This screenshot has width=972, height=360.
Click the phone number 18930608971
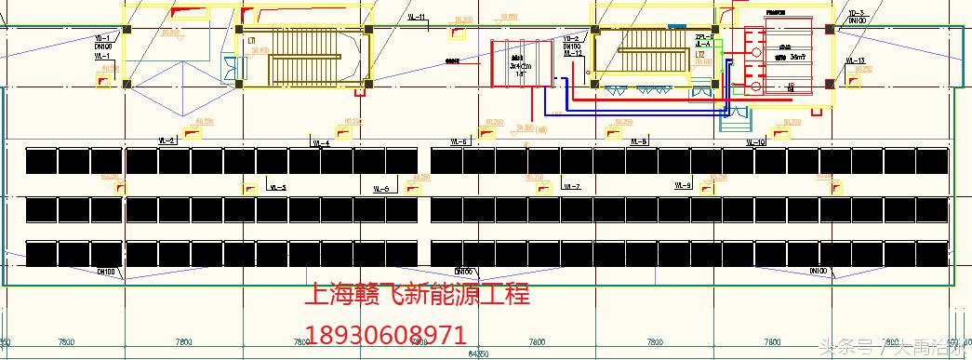click(386, 333)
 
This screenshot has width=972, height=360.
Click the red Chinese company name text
click(418, 296)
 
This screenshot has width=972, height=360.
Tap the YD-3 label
click(858, 12)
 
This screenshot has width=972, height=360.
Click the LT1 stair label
click(251, 41)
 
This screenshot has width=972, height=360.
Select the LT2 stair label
click(699, 55)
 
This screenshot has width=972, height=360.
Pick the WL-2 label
click(168, 140)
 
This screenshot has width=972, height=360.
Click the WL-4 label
click(320, 143)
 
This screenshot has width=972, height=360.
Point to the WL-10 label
click(755, 142)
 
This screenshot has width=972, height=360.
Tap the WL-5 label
click(277, 188)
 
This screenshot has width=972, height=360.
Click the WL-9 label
click(684, 186)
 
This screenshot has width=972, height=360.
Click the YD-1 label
click(102, 38)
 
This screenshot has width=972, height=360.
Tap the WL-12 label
click(573, 53)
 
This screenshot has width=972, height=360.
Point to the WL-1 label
click(102, 57)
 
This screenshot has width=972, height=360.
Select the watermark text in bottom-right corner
click(890, 349)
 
